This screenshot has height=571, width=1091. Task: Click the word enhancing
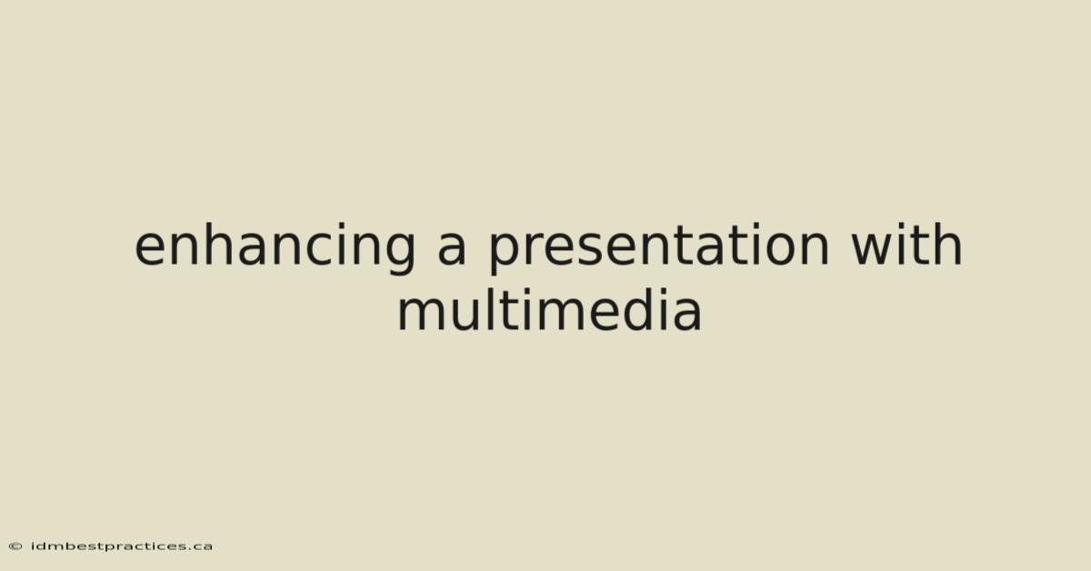click(x=275, y=247)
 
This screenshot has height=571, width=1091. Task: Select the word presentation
click(x=658, y=247)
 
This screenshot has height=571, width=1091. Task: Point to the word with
click(x=906, y=244)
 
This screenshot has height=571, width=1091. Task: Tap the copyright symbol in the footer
click(x=15, y=546)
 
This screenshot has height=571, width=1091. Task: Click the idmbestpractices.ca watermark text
click(x=122, y=546)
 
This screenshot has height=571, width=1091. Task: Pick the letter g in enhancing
click(x=398, y=253)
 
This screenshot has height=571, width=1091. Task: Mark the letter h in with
click(x=947, y=244)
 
